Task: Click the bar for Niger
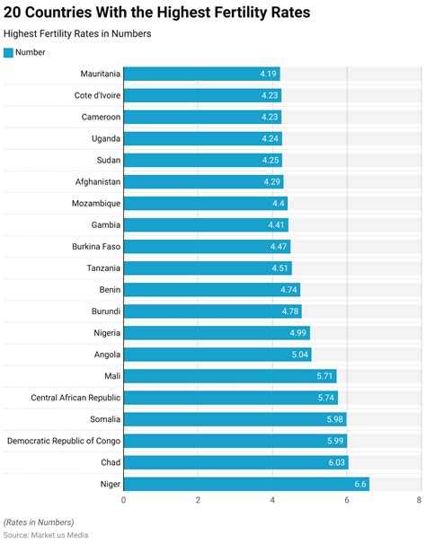245,484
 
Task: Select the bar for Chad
235,462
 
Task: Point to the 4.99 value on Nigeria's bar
297,333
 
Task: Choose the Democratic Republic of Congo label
63,441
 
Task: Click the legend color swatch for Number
9,52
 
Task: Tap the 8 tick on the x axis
419,500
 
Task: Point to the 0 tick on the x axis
123,500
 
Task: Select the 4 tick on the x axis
271,500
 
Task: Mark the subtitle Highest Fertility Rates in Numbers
77,33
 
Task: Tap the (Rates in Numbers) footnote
39,522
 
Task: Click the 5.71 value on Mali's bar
324,376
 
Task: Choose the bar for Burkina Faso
206,246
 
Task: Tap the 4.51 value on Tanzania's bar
280,268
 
